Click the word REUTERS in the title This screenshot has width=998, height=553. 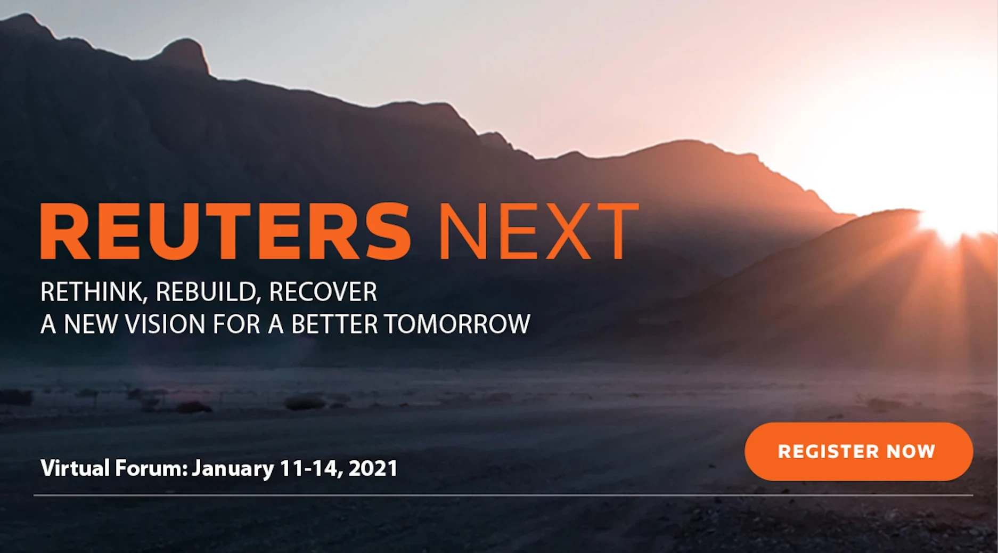click(225, 231)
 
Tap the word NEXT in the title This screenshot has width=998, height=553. click(538, 231)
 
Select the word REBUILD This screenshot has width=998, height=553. click(208, 292)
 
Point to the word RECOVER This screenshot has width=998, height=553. click(323, 292)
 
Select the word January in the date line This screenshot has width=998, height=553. click(233, 469)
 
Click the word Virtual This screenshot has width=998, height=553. click(75, 468)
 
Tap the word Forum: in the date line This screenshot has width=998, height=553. click(151, 468)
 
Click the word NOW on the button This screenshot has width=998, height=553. click(911, 452)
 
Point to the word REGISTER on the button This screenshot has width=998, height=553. click(828, 452)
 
